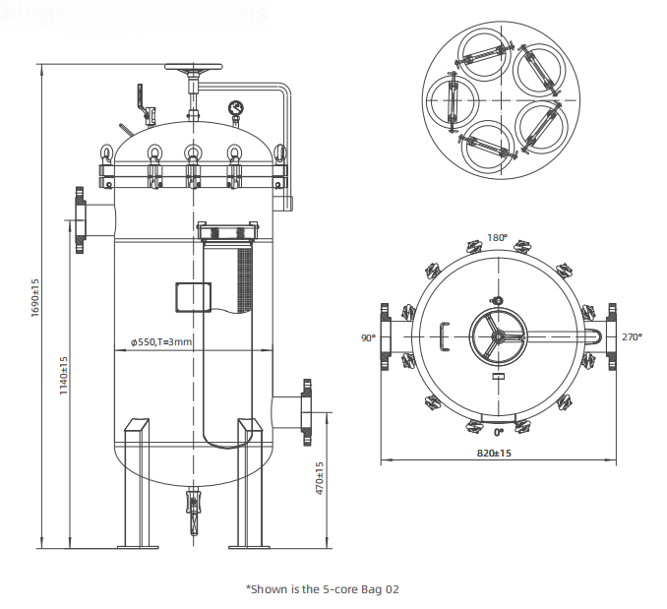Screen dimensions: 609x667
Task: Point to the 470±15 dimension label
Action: [x=321, y=479]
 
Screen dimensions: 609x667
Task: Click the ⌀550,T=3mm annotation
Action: [x=161, y=341]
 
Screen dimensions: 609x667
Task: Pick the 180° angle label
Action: [x=498, y=238]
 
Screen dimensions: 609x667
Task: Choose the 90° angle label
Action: [x=368, y=337]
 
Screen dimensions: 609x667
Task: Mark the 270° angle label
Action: [x=632, y=337]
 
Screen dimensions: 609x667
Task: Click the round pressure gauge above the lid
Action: [x=236, y=107]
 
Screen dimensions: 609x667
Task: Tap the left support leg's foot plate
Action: [x=138, y=546]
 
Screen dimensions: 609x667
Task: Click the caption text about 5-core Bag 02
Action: [x=323, y=588]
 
